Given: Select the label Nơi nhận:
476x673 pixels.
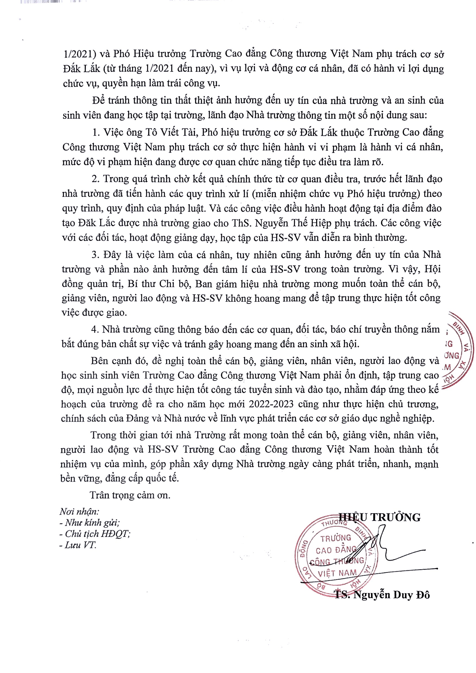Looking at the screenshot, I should (x=80, y=512).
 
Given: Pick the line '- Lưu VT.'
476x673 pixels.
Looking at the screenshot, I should (x=78, y=545).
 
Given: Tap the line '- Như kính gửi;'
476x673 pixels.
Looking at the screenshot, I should (x=89, y=522).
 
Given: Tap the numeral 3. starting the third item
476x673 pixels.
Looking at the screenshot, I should (x=96, y=255).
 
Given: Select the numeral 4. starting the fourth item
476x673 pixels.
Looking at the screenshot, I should (x=95, y=329).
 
